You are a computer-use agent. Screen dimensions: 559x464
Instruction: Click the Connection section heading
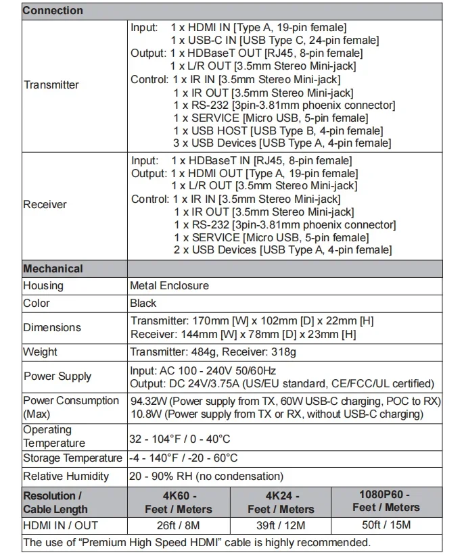click(53, 11)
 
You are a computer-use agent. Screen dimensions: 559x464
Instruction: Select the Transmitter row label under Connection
click(51, 84)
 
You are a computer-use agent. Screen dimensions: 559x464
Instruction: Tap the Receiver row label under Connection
click(45, 204)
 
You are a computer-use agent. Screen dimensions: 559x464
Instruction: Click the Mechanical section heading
click(53, 268)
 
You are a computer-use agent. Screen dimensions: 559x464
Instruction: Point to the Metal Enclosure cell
click(169, 285)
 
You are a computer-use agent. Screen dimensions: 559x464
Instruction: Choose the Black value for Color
click(143, 303)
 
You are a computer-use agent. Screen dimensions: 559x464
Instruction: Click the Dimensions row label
click(52, 327)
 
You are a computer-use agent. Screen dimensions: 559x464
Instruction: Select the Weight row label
click(40, 351)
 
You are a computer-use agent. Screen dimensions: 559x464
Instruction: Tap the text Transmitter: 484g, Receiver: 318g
click(213, 351)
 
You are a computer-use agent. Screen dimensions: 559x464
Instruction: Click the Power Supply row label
click(57, 376)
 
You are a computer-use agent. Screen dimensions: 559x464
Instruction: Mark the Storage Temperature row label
click(72, 458)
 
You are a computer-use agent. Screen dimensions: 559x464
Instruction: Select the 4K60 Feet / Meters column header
click(179, 502)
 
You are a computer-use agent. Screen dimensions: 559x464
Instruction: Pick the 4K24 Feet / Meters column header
click(281, 502)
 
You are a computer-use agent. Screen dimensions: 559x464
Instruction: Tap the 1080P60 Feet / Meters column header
click(386, 501)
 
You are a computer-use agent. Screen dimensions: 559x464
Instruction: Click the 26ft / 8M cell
click(179, 525)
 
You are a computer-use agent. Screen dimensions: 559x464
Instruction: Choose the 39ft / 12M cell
click(281, 525)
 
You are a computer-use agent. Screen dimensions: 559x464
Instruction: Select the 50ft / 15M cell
click(386, 525)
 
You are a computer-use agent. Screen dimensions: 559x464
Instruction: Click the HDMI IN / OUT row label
click(60, 525)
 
